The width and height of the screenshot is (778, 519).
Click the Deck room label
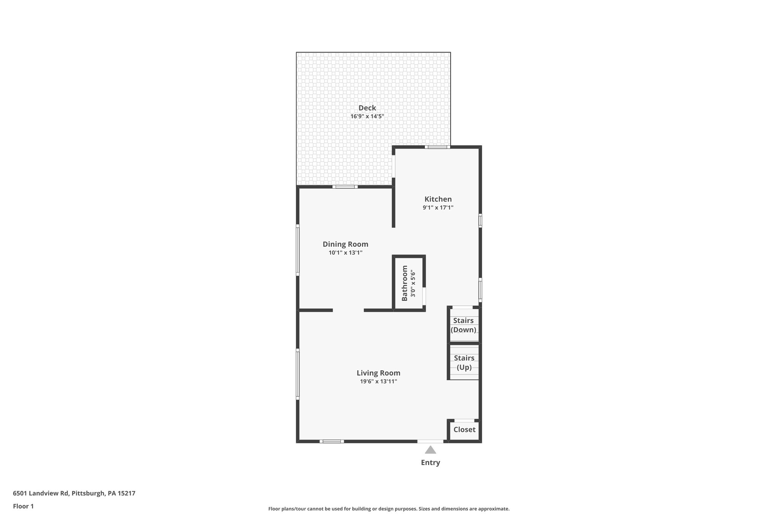[367, 108]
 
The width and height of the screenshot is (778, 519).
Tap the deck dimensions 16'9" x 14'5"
[367, 116]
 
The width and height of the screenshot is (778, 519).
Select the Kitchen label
[438, 199]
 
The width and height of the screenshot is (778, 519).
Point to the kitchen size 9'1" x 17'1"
[438, 208]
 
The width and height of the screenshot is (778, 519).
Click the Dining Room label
[345, 244]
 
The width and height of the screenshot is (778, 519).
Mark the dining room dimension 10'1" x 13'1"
[345, 252]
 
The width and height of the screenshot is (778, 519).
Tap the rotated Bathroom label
[405, 283]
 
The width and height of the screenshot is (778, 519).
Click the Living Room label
[378, 373]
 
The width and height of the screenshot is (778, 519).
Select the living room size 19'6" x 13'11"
[378, 381]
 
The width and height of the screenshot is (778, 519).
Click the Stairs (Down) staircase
[463, 325]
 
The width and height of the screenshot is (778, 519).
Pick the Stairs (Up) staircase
[464, 362]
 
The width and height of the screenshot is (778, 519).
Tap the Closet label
[464, 430]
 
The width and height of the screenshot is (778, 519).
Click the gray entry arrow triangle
[430, 450]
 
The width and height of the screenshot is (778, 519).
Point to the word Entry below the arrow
[430, 463]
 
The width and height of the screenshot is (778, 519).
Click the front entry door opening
[430, 441]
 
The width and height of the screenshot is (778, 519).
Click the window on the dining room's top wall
[345, 187]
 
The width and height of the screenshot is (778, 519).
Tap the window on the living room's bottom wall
[332, 441]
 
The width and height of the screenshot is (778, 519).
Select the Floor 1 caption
[23, 506]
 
